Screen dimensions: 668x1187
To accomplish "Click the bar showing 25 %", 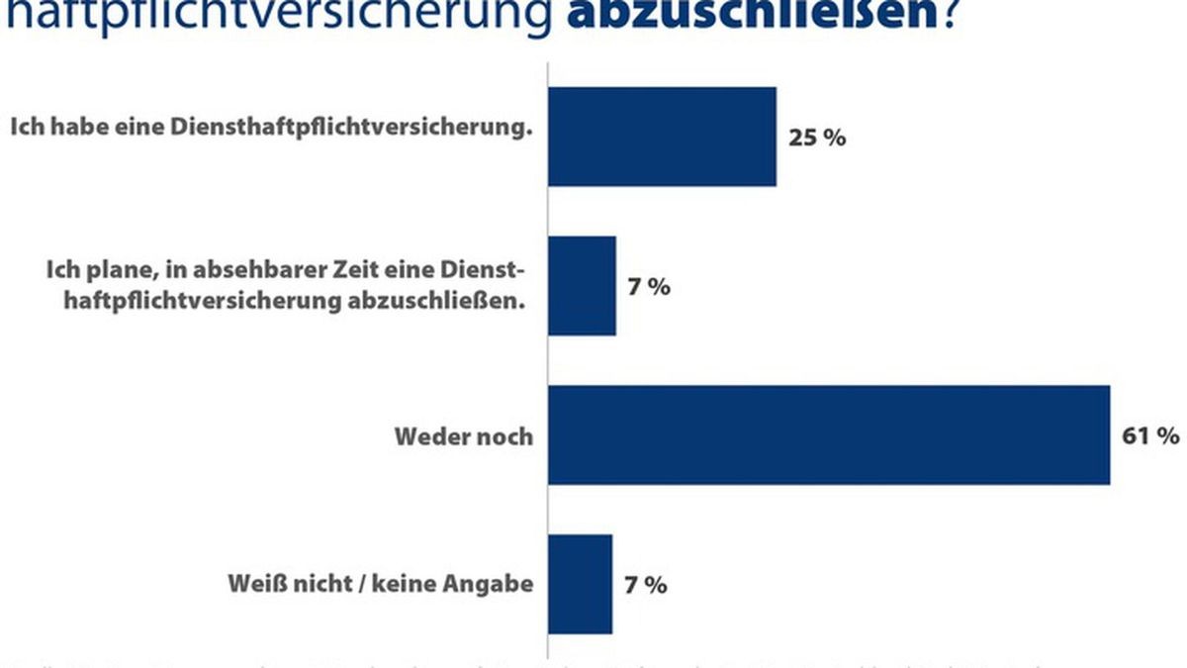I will (x=662, y=137).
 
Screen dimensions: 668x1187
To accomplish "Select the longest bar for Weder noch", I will (x=829, y=435).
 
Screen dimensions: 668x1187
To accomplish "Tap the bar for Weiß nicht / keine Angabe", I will (x=581, y=584).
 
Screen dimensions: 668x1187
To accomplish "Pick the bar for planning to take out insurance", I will (x=583, y=286).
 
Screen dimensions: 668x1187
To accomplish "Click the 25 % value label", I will (x=817, y=138).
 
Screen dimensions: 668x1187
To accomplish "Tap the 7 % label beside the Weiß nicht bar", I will (x=646, y=585).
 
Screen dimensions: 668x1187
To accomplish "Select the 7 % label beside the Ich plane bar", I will (x=649, y=287).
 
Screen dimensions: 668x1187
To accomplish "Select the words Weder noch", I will (x=464, y=436).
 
